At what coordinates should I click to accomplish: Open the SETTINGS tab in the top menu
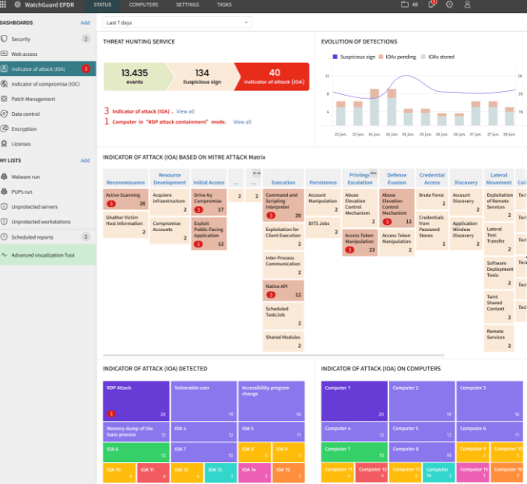[x=188, y=5]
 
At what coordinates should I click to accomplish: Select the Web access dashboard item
[x=24, y=54]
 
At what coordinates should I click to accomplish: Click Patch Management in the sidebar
[x=33, y=99]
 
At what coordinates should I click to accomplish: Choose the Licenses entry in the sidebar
[x=21, y=143]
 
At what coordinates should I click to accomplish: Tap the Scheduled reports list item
[x=33, y=237]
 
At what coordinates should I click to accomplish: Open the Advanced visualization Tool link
[x=43, y=254]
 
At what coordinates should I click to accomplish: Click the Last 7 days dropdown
[x=177, y=23]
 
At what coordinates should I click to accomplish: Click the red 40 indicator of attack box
[x=274, y=76]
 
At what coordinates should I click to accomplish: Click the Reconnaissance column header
[x=125, y=182]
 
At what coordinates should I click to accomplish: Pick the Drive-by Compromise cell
[x=208, y=201]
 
